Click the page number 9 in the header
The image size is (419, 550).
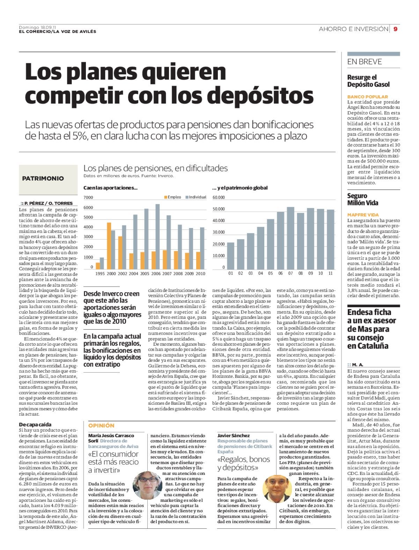click(x=396, y=29)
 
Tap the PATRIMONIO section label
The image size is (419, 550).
click(x=43, y=178)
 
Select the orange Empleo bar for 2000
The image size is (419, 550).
click(x=109, y=246)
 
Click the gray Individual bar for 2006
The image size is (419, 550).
click(x=157, y=236)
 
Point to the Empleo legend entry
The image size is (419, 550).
click(x=172, y=197)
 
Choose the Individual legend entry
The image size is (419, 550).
click(x=196, y=197)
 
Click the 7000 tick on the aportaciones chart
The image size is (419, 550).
click(x=88, y=197)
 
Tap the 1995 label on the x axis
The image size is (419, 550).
click(x=100, y=274)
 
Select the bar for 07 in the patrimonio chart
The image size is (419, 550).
click(x=291, y=238)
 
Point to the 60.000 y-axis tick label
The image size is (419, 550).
click(x=218, y=197)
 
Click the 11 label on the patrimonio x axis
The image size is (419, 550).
click(x=331, y=273)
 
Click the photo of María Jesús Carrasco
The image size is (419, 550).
click(x=147, y=485)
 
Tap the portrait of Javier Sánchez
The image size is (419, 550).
click(x=277, y=489)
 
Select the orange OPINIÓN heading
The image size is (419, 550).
click(x=101, y=425)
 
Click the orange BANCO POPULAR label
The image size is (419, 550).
click(x=367, y=97)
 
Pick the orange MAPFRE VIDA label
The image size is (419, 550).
click(x=363, y=215)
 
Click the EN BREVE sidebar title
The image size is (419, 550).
click(x=365, y=62)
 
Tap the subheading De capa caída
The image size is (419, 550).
click(x=35, y=425)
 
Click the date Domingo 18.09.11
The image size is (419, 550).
click(x=38, y=27)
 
